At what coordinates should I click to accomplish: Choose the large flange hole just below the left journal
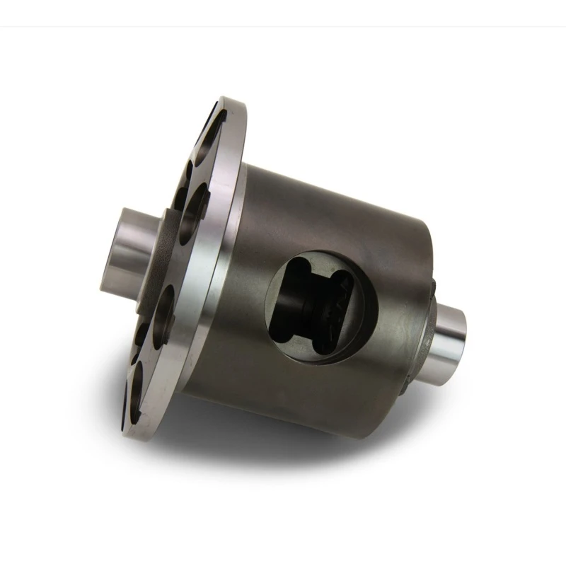click(163, 311)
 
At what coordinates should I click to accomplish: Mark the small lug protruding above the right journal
click(432, 287)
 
